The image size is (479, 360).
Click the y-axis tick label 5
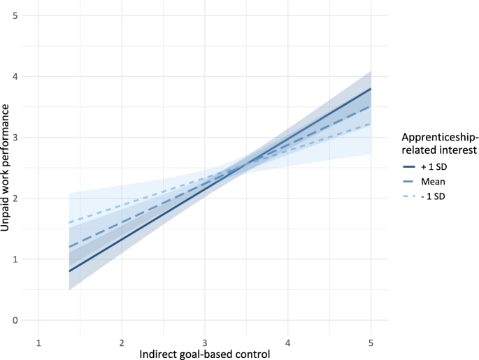[x=25, y=15]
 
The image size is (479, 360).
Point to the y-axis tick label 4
[x=25, y=76]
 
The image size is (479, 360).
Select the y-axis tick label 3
[x=25, y=137]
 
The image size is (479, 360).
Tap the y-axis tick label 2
[x=25, y=199]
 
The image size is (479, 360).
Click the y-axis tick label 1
[x=25, y=259]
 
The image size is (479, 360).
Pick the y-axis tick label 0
[x=25, y=320]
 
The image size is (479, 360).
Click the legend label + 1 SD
[x=435, y=167]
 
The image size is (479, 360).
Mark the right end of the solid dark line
[x=371, y=89]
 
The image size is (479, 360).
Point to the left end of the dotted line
[x=69, y=222]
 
